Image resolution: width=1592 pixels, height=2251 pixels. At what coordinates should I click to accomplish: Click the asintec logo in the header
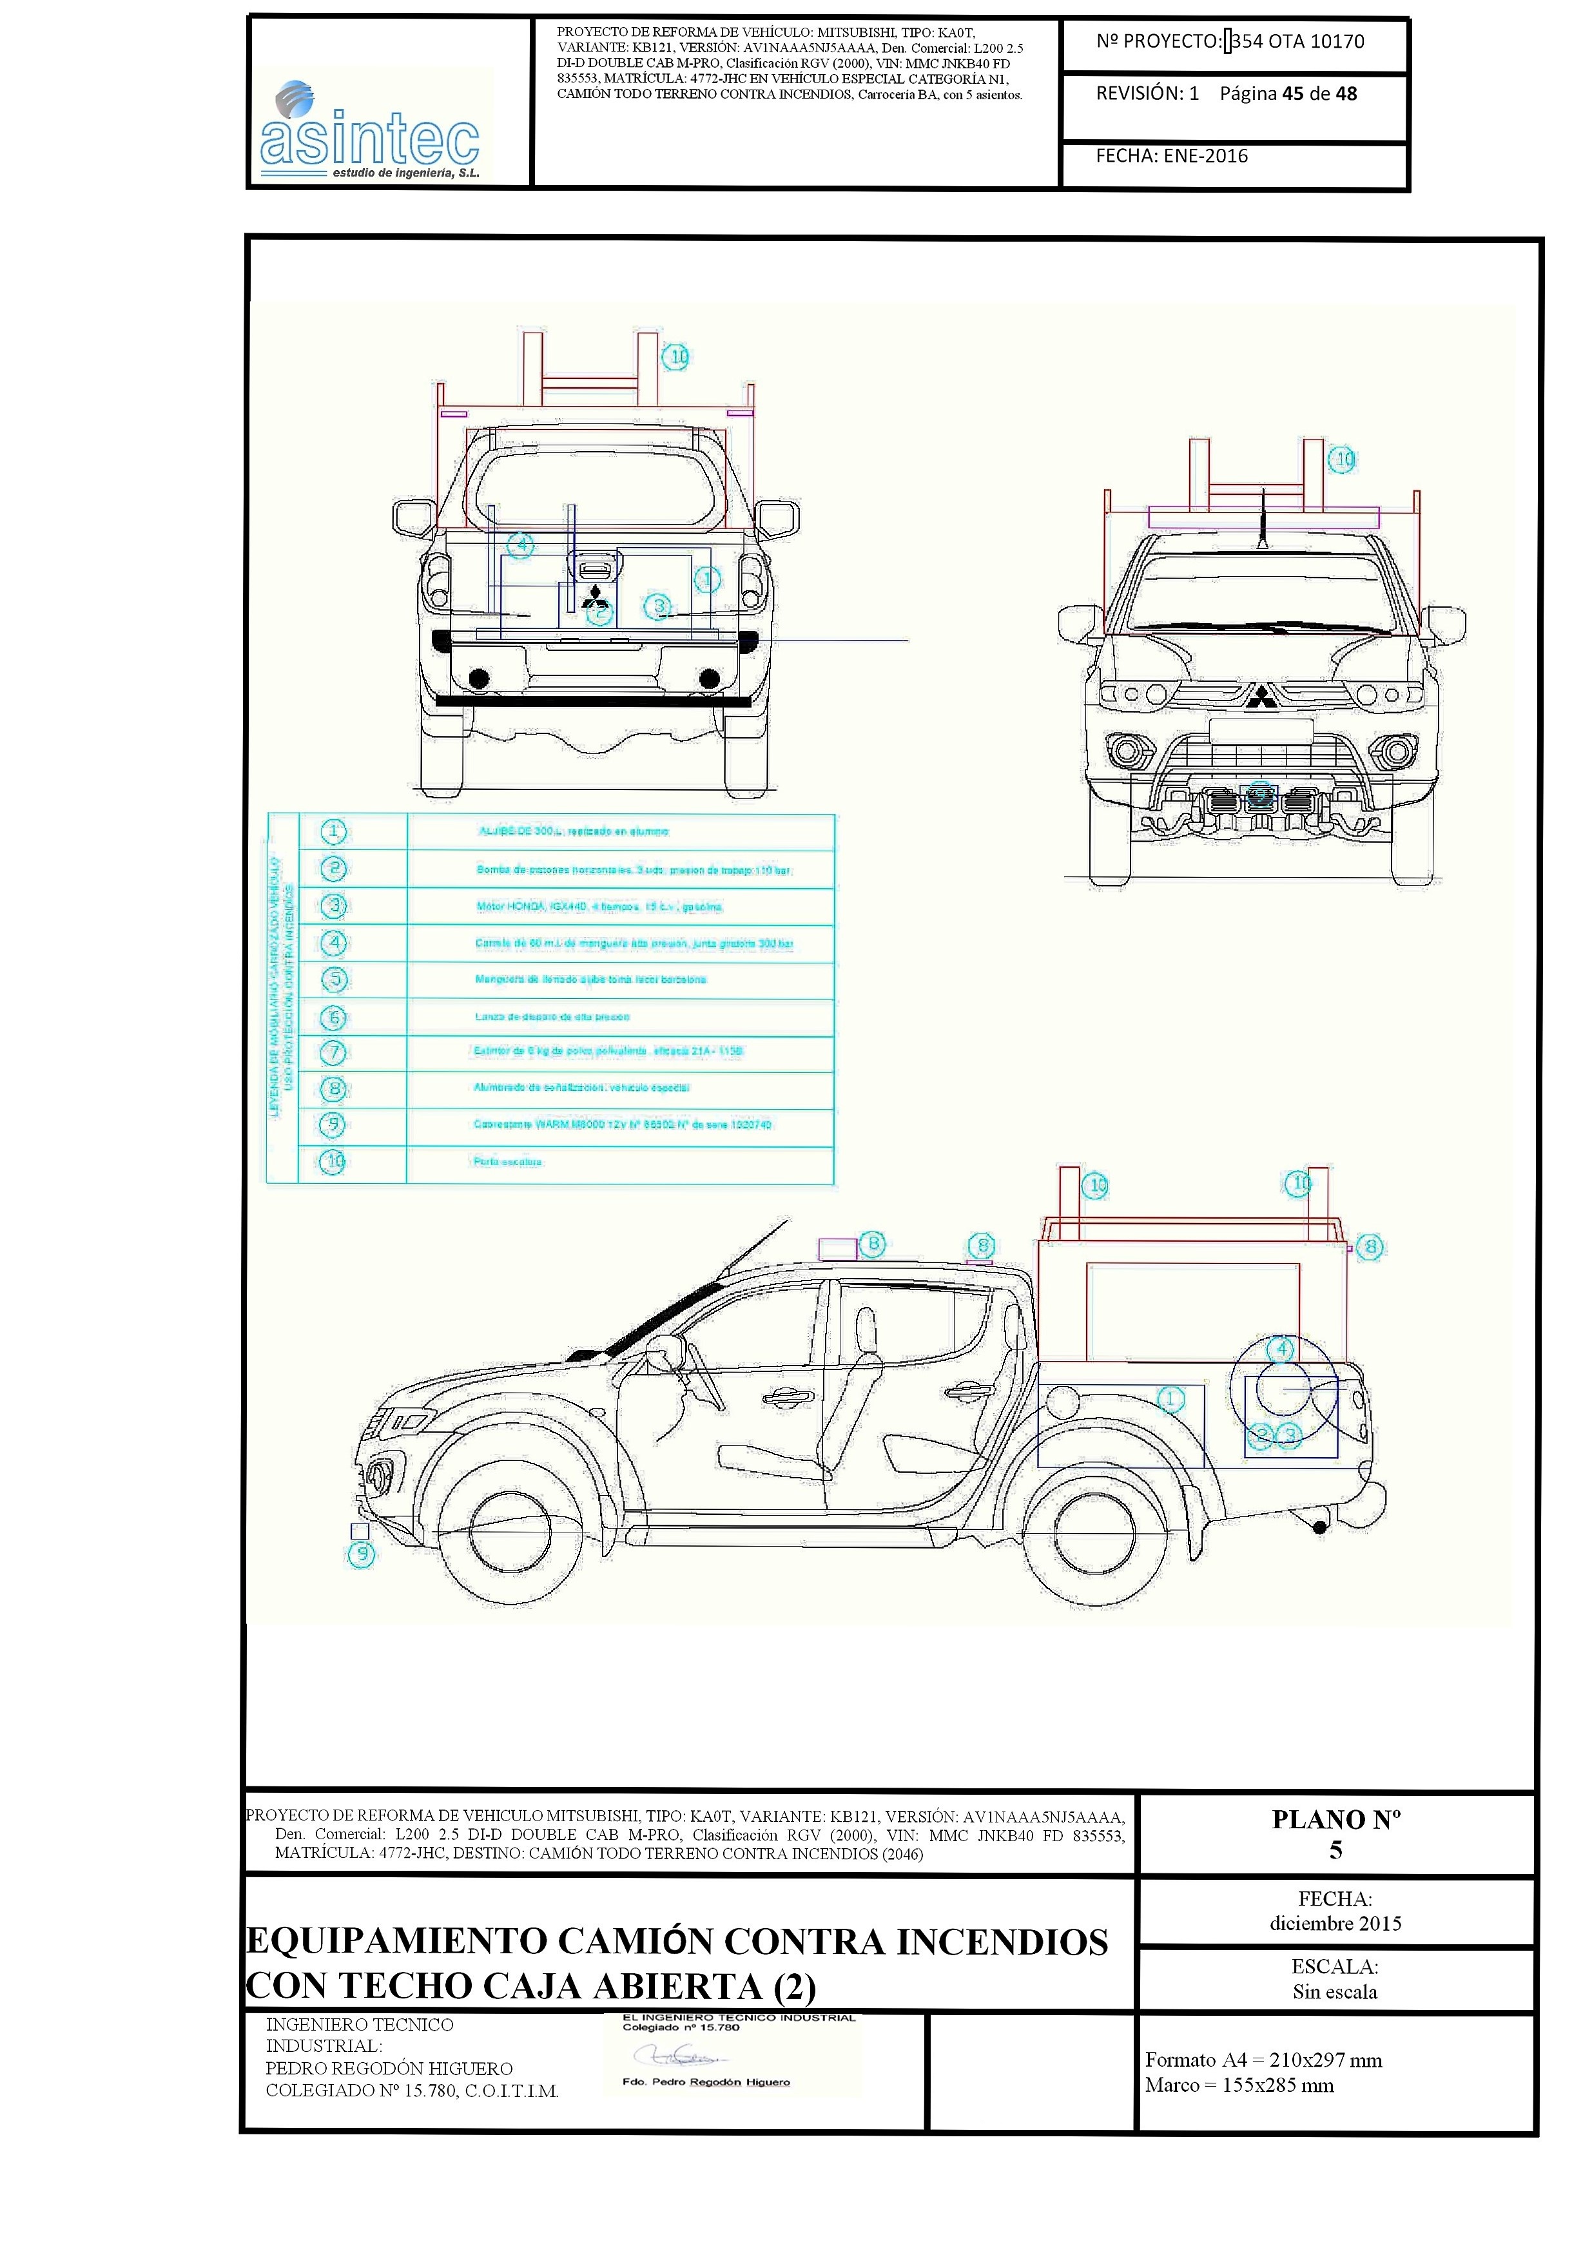coord(369,131)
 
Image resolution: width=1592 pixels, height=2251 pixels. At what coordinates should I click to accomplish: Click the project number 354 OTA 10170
coord(1297,41)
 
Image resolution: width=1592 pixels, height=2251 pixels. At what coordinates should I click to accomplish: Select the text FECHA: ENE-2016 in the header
coord(1172,156)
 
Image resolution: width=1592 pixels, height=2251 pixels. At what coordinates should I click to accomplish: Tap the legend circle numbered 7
coord(333,1053)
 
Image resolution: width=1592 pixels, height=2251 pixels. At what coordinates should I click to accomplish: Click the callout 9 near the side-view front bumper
coord(362,1554)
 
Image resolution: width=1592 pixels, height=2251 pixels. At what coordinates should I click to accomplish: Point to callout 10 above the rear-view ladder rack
coord(677,357)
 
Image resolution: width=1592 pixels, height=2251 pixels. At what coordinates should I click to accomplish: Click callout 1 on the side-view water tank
coord(1170,1399)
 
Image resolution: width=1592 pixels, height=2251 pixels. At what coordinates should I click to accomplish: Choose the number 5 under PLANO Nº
coord(1335,1850)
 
